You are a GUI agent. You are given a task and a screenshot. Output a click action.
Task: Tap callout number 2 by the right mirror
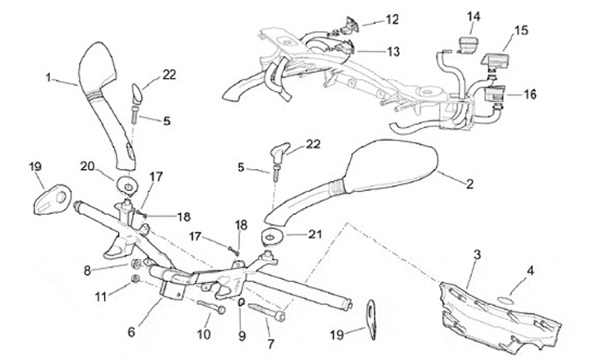pyautogui.click(x=470, y=185)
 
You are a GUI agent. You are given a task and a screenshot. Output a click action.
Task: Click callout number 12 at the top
pyautogui.click(x=392, y=19)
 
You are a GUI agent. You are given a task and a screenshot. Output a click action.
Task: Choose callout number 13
pyautogui.click(x=393, y=51)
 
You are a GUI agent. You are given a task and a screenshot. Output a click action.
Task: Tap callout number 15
pyautogui.click(x=521, y=31)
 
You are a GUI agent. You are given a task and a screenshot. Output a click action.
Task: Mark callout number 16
pyautogui.click(x=529, y=94)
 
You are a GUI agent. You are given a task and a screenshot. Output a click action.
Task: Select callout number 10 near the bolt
pyautogui.click(x=204, y=334)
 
